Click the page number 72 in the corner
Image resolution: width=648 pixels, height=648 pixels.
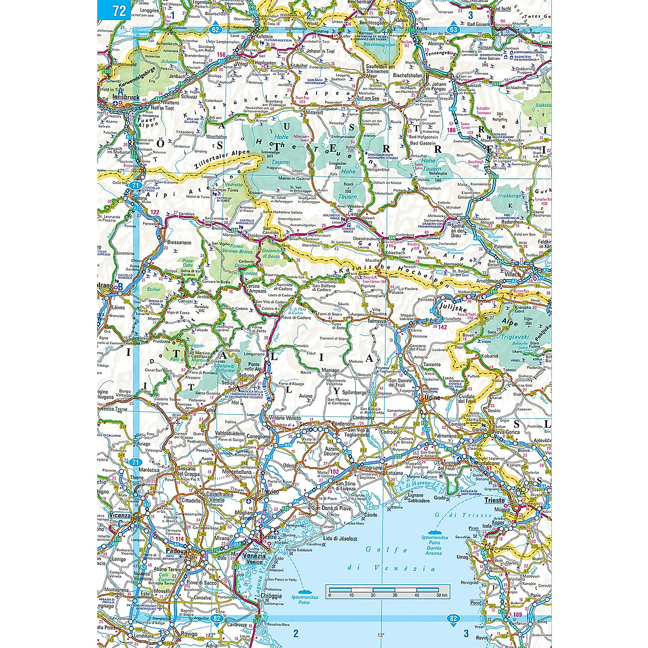[x=114, y=10]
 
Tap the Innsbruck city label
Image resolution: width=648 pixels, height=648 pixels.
[x=125, y=97]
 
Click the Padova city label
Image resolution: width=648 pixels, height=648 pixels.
[x=176, y=551]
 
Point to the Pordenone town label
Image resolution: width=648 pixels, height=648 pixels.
[x=348, y=423]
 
